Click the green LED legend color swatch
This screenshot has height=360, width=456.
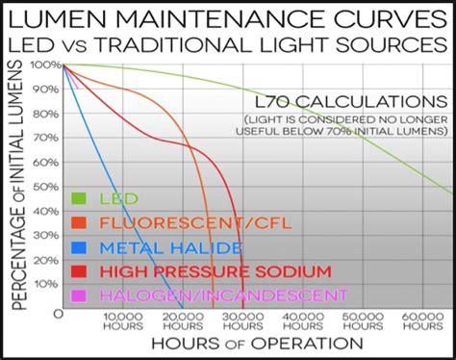(x=81, y=199)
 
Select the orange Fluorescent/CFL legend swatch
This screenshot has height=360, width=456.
(x=81, y=223)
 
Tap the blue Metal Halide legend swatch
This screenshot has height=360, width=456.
(x=81, y=246)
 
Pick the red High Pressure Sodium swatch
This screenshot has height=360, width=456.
(x=81, y=270)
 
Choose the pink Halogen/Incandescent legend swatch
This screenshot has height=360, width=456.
(x=81, y=294)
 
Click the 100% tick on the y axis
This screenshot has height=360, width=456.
(x=45, y=64)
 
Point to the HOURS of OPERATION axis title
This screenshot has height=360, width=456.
(x=255, y=343)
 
